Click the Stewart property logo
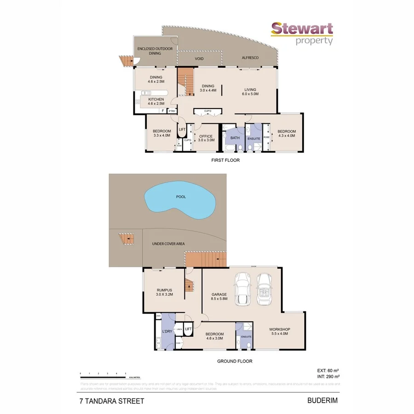302,33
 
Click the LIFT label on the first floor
182,130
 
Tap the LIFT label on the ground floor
188,329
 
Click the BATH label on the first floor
235,138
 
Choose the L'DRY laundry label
167,332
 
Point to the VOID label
199,59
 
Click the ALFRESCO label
250,57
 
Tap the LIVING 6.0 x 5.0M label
250,92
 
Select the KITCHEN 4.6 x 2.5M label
155,102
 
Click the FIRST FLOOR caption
225,161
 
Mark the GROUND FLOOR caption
235,361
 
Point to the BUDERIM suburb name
322,400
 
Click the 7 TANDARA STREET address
110,401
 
